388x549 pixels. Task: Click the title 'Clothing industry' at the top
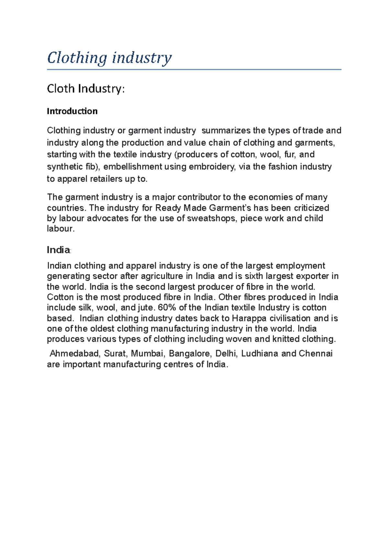[109, 58]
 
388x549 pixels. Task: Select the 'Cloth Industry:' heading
[86, 89]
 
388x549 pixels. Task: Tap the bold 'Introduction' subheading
[72, 111]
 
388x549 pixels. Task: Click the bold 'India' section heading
[59, 250]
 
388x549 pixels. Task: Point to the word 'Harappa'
[249, 318]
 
